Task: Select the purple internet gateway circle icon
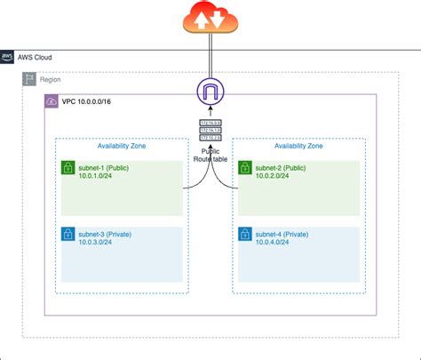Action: coord(210,92)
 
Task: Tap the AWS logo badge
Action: coord(7,57)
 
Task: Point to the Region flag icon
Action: coord(29,80)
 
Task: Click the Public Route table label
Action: coord(210,155)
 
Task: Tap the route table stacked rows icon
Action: coord(210,131)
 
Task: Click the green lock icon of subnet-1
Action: coord(68,168)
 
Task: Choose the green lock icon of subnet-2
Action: coord(244,168)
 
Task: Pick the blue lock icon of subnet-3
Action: coord(68,235)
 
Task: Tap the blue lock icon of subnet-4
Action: coord(244,235)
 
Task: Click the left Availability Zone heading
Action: coord(122,148)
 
